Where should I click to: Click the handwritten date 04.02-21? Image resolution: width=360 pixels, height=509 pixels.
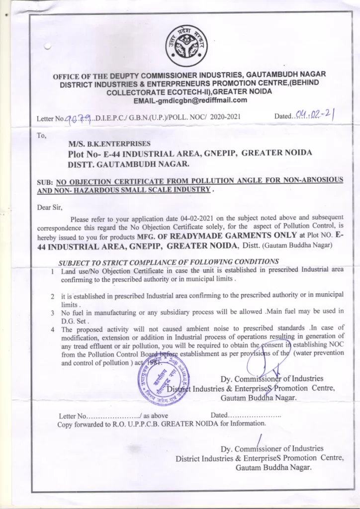[x=314, y=116]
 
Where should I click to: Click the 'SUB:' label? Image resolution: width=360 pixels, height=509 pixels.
[x=45, y=182]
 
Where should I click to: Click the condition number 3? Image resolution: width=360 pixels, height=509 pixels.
[x=53, y=313]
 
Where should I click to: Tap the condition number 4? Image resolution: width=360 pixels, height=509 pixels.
[x=53, y=329]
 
